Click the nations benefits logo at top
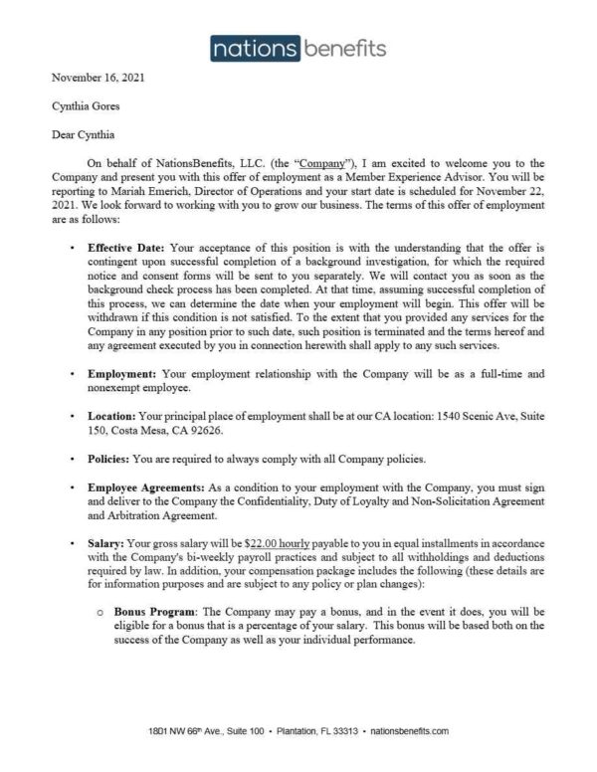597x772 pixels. [x=298, y=46]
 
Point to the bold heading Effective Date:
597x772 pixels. [x=126, y=245]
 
